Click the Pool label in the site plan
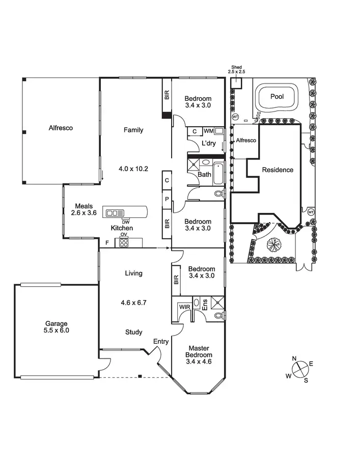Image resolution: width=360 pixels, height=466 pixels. click(x=277, y=96)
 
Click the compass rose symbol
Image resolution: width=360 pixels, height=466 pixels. click(x=300, y=367)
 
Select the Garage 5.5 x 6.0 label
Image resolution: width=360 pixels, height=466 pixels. click(x=57, y=326)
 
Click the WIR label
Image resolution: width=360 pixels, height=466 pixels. click(x=184, y=307)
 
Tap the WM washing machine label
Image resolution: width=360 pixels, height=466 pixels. click(x=209, y=131)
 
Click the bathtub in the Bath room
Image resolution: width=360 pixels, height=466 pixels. click(x=218, y=173)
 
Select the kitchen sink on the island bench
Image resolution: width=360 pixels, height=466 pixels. click(x=115, y=213)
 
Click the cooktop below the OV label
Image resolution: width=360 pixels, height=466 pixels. click(x=124, y=243)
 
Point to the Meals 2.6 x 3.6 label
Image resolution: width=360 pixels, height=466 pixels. click(x=84, y=209)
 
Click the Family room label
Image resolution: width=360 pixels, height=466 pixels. click(x=133, y=130)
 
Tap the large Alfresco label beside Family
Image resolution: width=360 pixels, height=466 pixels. click(x=61, y=128)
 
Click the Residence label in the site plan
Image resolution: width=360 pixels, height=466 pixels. click(x=278, y=170)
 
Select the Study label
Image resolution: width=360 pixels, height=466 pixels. click(x=134, y=332)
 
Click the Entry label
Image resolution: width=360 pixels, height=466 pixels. click(x=161, y=342)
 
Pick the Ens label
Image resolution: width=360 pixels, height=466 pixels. click(x=205, y=305)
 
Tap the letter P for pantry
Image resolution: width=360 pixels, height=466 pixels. click(x=167, y=199)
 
